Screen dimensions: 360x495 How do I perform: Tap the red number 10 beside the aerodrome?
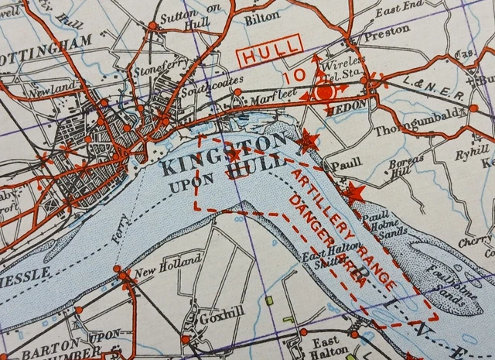[294, 76]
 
